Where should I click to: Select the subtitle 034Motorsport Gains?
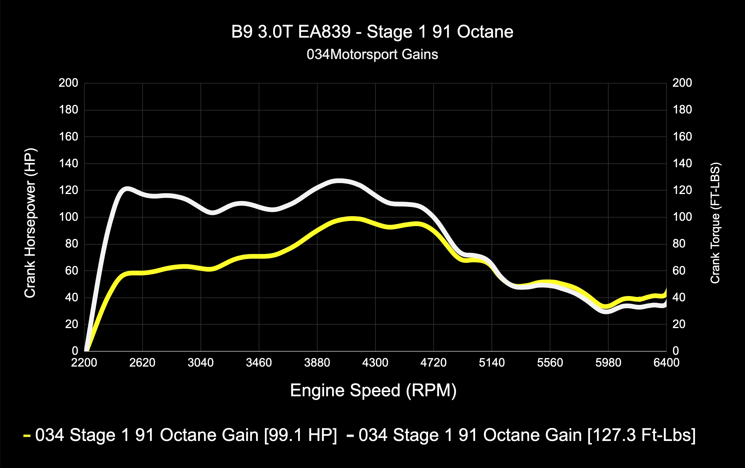(372, 54)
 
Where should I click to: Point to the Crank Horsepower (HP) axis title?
(30, 223)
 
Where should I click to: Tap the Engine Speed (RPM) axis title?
(373, 390)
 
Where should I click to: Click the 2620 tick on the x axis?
(142, 362)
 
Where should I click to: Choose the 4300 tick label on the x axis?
(375, 362)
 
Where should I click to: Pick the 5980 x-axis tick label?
(608, 362)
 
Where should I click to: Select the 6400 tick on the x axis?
(666, 362)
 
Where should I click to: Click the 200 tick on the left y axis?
(69, 83)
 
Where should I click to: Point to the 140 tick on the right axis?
(682, 163)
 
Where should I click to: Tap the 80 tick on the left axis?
(71, 244)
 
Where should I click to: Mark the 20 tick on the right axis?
(679, 324)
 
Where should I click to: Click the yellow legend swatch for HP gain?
(27, 436)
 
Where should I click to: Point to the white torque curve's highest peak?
(339, 181)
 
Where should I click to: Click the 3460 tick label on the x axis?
(259, 362)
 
